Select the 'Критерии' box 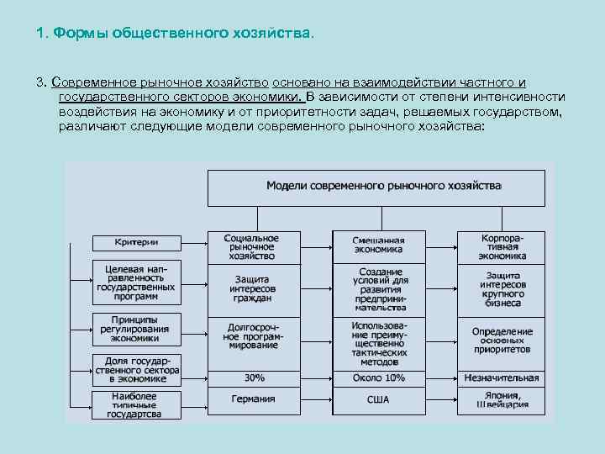click(x=136, y=242)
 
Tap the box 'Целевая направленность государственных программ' click(x=136, y=282)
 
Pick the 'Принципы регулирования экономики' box click(x=136, y=329)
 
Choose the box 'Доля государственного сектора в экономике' click(x=136, y=368)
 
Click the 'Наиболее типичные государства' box click(x=136, y=404)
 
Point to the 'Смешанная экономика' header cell click(x=378, y=245)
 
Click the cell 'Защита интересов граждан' click(x=253, y=288)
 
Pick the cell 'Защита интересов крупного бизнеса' click(x=502, y=288)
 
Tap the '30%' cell click(x=253, y=378)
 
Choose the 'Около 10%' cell click(x=378, y=378)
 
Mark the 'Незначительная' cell click(x=502, y=378)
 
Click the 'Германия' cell click(x=253, y=399)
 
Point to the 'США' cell click(x=378, y=399)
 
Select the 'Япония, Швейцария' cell click(x=502, y=399)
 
